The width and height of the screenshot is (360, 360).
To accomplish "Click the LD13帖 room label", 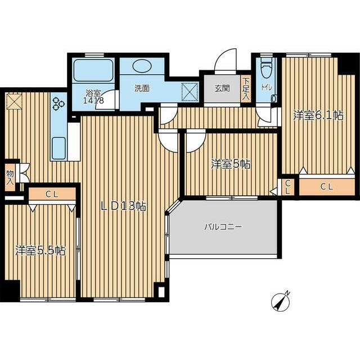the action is (124, 207).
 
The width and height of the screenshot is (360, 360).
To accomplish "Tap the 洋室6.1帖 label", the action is (318, 115).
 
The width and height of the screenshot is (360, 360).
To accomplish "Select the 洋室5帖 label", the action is (231, 164).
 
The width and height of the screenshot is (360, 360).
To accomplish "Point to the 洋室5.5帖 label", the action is (40, 251).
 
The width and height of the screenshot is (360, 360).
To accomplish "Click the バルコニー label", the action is (223, 227).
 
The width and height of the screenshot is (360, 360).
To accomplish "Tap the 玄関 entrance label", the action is (222, 88).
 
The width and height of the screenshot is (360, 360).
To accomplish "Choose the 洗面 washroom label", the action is (142, 88).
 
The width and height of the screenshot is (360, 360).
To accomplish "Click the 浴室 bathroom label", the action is (93, 93).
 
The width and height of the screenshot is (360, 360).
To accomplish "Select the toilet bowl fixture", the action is (266, 67).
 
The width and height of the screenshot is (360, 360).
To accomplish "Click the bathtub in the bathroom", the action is (93, 70).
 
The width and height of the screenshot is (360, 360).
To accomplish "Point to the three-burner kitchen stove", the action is (58, 103).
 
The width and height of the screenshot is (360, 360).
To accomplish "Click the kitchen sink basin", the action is (58, 148).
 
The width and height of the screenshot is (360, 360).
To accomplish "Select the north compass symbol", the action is (280, 301).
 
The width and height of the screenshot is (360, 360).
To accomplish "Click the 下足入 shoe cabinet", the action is (246, 89).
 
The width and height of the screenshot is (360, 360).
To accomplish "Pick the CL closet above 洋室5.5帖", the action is (52, 194).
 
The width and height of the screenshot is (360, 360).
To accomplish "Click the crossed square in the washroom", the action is (190, 92).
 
